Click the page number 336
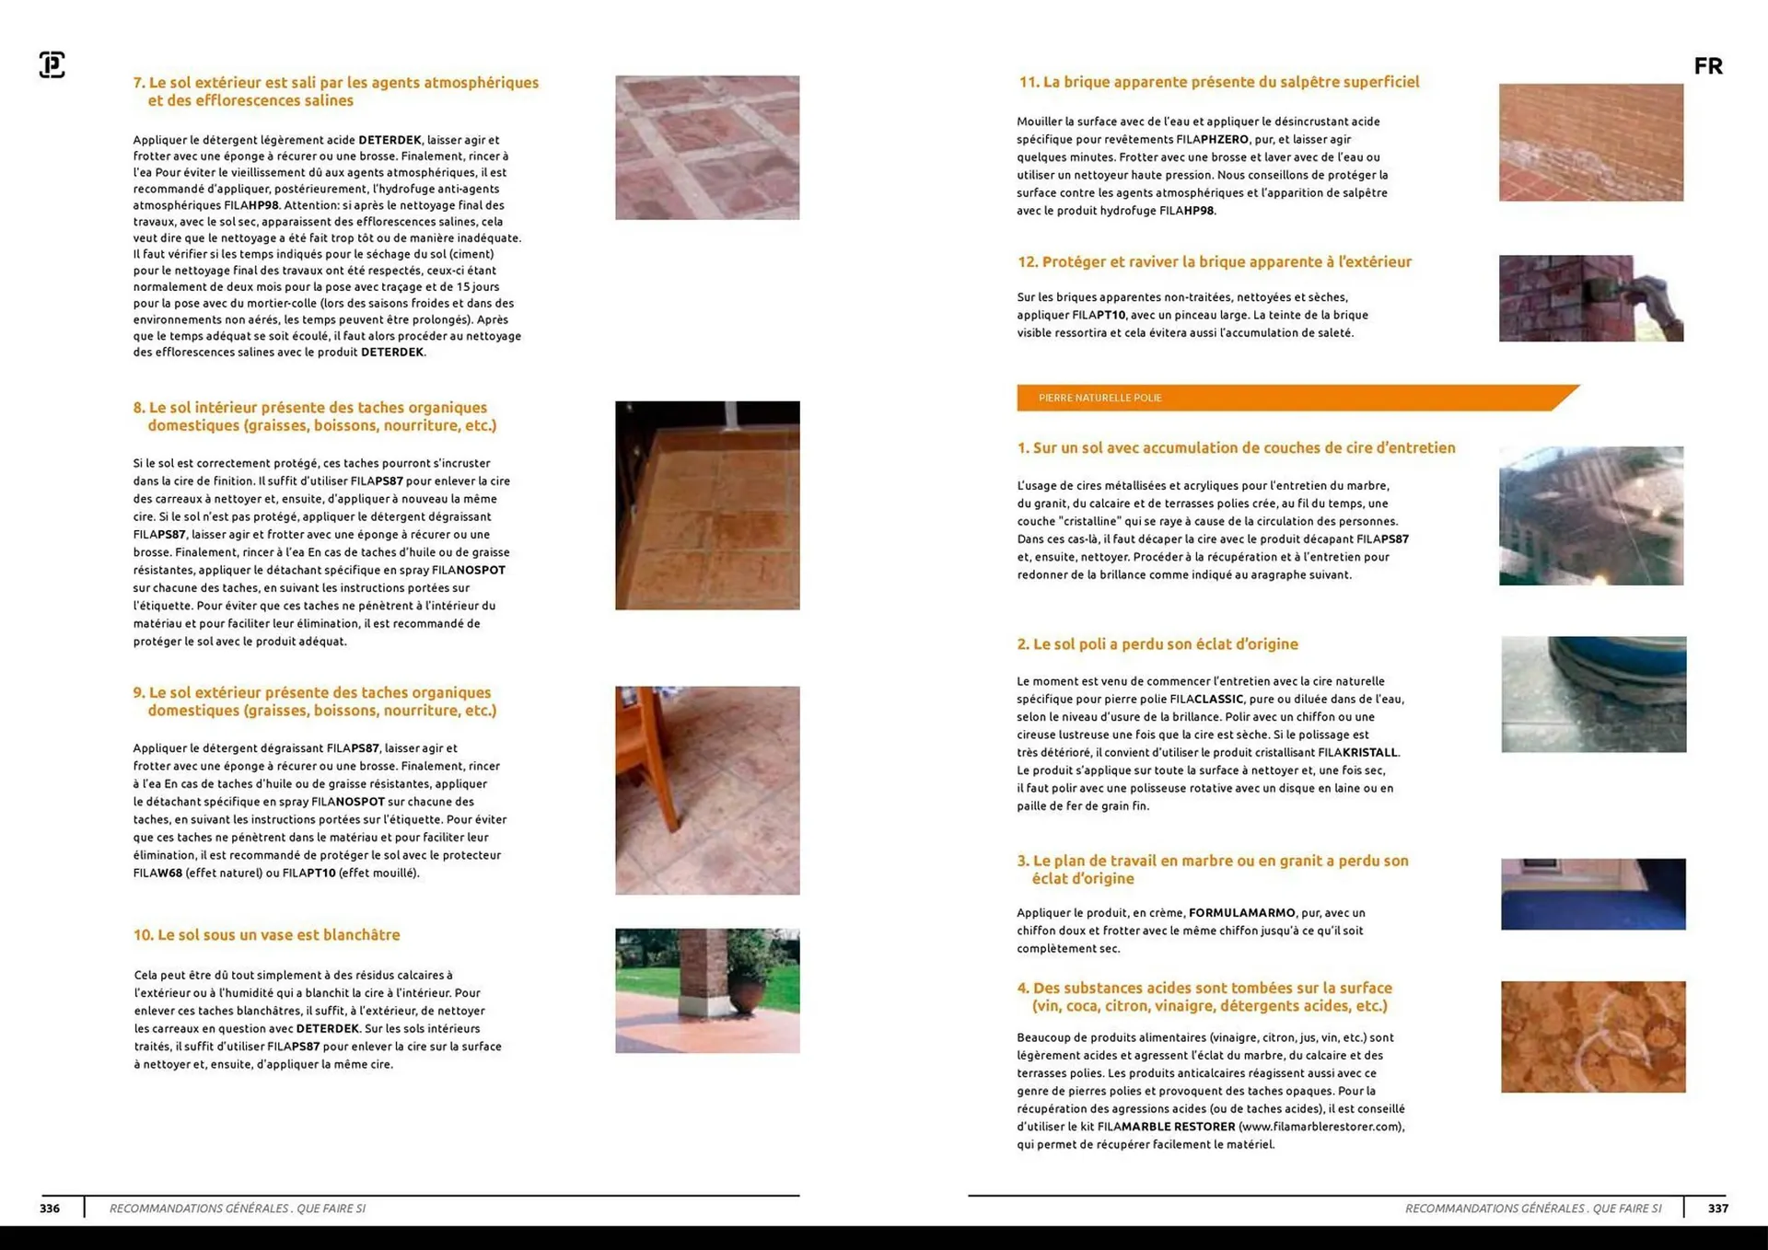coord(50,1209)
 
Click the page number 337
coord(1718,1209)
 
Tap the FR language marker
coord(1708,66)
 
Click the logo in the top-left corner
coord(52,64)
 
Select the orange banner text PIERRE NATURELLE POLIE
coord(1099,398)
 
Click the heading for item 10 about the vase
coord(266,935)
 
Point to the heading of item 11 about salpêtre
coord(1218,82)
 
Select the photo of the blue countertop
coord(1593,894)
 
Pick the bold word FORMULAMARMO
coord(1241,913)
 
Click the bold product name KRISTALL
coord(1370,752)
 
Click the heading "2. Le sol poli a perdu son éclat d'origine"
coord(1157,644)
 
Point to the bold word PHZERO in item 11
coord(1225,140)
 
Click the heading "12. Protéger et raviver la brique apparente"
coord(1214,262)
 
